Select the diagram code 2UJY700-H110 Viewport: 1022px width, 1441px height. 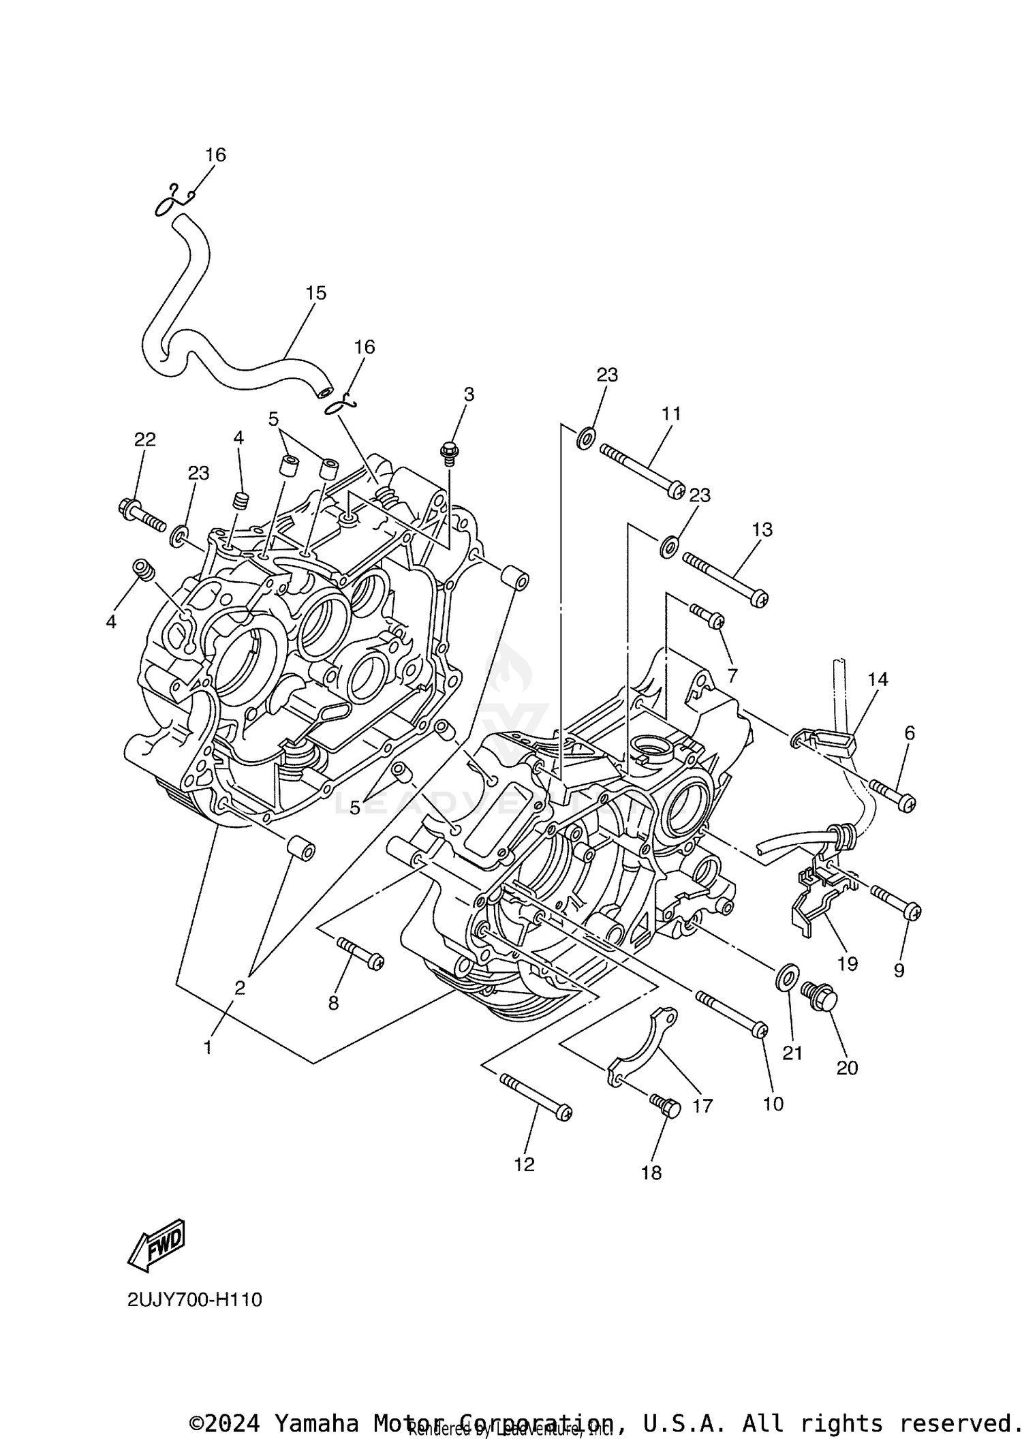[x=195, y=1300]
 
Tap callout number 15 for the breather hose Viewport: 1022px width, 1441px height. [x=315, y=293]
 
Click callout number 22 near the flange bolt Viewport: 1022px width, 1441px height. [x=144, y=439]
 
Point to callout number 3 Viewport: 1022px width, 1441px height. [x=469, y=394]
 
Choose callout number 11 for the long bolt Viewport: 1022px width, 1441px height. [x=670, y=414]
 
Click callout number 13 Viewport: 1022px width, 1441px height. [x=762, y=529]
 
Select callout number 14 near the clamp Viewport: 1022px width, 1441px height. [x=878, y=679]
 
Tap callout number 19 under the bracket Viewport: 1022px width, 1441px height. [x=848, y=963]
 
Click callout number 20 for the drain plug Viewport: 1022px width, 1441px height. [x=847, y=1068]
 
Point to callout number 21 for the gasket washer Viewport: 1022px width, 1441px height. [x=792, y=1053]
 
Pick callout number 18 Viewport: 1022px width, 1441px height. [x=651, y=1173]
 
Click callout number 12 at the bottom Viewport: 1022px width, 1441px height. [x=524, y=1165]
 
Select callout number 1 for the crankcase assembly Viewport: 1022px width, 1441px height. [x=208, y=1048]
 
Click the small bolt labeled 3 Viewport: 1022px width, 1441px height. [x=450, y=452]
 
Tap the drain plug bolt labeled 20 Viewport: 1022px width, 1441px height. [x=820, y=997]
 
